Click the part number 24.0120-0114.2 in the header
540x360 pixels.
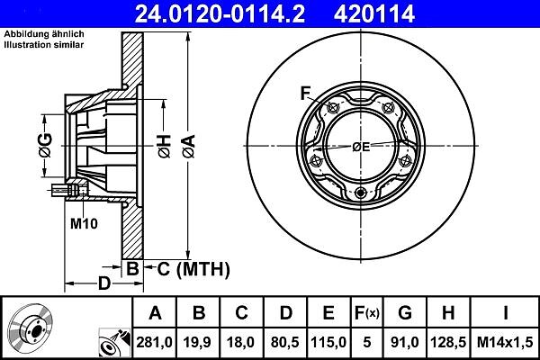click(x=220, y=13)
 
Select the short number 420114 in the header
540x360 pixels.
click(x=374, y=13)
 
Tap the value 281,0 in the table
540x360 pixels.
click(x=154, y=342)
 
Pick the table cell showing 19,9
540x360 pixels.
click(x=198, y=342)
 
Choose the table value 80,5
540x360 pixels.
click(x=284, y=342)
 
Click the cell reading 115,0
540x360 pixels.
click(x=328, y=342)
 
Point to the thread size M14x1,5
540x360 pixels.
click(x=505, y=342)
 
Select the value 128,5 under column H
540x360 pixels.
click(x=448, y=342)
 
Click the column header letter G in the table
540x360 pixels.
click(x=405, y=313)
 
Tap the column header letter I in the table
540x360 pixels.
click(x=505, y=313)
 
